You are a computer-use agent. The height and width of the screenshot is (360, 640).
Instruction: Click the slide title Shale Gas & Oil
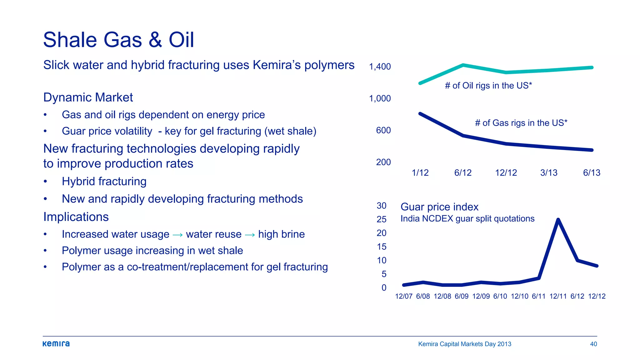point(118,40)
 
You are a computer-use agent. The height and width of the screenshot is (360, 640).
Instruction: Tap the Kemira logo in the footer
point(56,344)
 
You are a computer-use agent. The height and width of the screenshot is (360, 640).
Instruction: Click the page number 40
point(593,344)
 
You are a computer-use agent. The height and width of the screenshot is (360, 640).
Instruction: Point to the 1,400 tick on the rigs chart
point(380,67)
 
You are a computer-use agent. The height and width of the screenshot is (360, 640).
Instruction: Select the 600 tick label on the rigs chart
point(383,130)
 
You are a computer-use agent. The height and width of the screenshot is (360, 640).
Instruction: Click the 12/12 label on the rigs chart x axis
point(506,173)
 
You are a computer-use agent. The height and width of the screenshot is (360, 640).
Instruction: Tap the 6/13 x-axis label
point(592,173)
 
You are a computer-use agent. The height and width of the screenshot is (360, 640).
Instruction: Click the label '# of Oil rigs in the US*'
point(488,86)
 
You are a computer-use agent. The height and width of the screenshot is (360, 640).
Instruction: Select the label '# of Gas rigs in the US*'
point(521,123)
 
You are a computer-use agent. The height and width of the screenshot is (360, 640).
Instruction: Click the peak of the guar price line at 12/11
point(558,220)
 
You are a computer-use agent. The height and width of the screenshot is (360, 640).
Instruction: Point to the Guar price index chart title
point(439,207)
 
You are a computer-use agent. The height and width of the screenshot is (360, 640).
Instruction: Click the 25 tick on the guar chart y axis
point(382,219)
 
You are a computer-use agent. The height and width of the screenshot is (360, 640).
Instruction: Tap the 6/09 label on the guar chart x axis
point(462,296)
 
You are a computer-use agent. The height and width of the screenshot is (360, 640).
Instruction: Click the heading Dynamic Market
point(88,97)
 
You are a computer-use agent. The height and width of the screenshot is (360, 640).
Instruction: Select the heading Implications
point(76,217)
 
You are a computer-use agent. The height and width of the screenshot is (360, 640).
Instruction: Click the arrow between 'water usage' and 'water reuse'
point(177,235)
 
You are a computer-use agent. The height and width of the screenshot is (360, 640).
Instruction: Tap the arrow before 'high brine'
point(250,235)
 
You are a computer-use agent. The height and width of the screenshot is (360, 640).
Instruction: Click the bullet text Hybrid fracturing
point(104,182)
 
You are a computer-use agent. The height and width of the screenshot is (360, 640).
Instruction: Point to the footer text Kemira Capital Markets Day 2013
point(465,344)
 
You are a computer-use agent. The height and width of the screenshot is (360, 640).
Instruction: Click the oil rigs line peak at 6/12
point(463,65)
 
